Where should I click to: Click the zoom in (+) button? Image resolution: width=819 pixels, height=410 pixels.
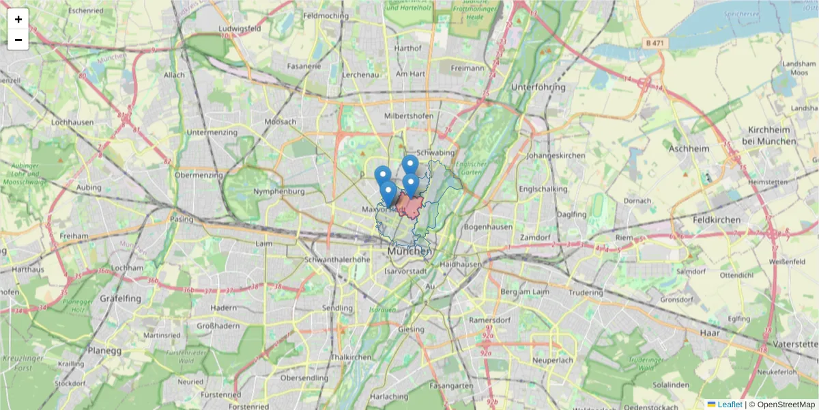[18, 19]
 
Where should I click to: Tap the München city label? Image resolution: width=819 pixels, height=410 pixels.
[409, 251]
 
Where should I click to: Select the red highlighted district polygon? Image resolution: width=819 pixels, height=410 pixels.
[412, 206]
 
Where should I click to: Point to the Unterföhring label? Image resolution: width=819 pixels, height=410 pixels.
[538, 87]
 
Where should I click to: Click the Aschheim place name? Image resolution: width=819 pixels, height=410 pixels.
[689, 148]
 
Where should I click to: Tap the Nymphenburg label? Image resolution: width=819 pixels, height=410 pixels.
[278, 192]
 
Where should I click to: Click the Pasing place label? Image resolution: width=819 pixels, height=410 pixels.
[182, 219]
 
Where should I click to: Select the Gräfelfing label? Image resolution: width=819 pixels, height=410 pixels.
[120, 299]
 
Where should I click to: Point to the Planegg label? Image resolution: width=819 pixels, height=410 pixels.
[104, 351]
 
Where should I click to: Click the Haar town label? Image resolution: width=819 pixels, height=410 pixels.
[710, 332]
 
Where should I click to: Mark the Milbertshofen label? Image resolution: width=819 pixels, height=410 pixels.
[409, 116]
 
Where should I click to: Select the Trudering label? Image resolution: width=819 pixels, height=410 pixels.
[586, 292]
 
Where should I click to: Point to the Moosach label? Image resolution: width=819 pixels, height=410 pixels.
[280, 122]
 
